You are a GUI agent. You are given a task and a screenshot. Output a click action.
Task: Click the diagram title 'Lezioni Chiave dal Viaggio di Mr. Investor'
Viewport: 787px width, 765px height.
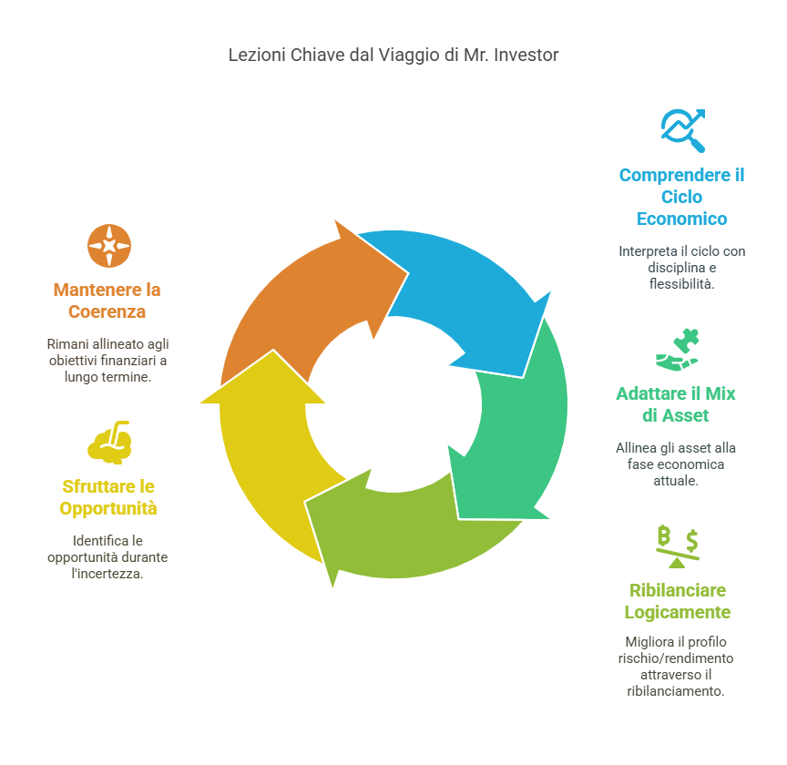click(x=393, y=56)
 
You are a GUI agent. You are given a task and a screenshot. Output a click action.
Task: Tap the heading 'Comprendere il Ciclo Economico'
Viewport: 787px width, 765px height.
click(x=681, y=197)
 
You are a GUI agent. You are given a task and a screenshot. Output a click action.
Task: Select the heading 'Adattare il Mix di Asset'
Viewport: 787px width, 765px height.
click(x=675, y=405)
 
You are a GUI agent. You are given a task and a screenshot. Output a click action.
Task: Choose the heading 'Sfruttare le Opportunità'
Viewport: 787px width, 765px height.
click(x=108, y=496)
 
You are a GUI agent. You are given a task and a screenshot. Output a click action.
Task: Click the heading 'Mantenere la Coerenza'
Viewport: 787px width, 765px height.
click(x=107, y=301)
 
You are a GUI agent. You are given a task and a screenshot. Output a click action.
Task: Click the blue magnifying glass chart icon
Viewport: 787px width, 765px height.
click(x=683, y=130)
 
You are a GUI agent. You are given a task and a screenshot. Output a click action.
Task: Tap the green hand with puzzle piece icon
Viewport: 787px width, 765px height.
click(x=679, y=349)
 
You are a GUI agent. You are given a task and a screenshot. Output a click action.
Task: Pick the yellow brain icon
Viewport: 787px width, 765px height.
click(x=110, y=442)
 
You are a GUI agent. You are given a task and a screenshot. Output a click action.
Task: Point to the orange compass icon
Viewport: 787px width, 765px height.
click(x=109, y=246)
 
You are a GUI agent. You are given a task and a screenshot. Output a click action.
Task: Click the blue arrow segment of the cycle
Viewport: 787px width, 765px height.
click(x=465, y=291)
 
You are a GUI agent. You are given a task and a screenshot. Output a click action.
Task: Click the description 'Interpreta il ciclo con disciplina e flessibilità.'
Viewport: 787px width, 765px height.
click(x=681, y=267)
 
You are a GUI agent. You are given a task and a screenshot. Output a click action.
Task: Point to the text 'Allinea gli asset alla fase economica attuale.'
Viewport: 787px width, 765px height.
click(x=675, y=464)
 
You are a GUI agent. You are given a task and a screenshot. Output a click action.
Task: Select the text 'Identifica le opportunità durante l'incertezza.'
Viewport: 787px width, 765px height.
click(x=107, y=556)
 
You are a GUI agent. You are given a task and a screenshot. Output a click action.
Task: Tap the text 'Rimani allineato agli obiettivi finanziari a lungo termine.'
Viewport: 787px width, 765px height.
click(x=107, y=360)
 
